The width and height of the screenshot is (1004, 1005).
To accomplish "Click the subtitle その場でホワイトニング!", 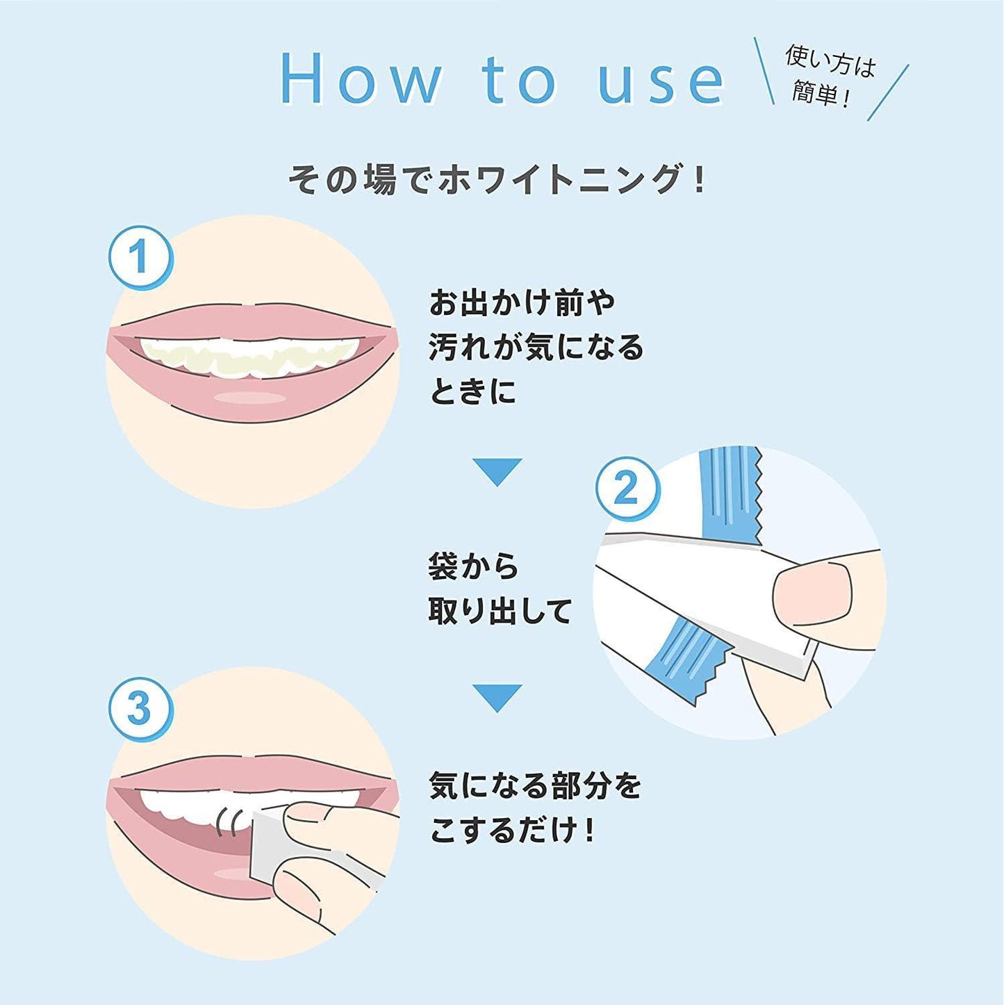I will tap(497, 179).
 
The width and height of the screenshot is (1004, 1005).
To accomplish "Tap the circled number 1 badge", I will tap(140, 257).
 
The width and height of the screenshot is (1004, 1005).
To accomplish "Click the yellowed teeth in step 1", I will tap(250, 356).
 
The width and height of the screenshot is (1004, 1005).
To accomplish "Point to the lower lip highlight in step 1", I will tap(249, 398).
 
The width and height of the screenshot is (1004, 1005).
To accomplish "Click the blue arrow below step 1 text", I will tap(497, 472).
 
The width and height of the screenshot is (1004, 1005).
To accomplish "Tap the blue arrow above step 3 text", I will tap(497, 697).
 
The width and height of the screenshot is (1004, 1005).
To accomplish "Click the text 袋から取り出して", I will tap(499, 589).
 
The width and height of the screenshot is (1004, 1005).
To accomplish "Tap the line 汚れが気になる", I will tap(536, 348).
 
